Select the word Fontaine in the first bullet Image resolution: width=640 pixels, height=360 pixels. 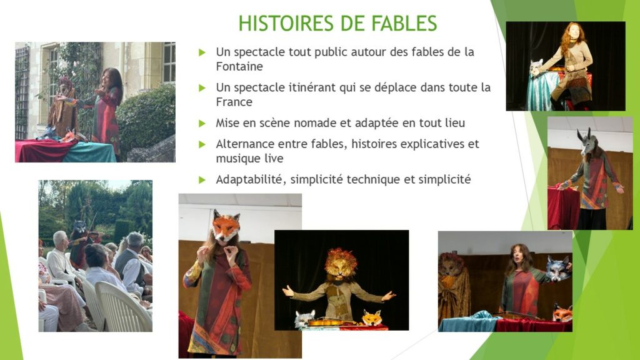pyautogui.click(x=239, y=66)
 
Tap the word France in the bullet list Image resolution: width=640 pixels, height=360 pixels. pyautogui.click(x=234, y=102)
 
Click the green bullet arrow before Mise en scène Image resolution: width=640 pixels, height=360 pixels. pyautogui.click(x=202, y=123)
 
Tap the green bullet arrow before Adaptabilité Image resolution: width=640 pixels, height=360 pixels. pyautogui.click(x=202, y=179)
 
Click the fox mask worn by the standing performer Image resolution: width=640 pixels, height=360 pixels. pyautogui.click(x=225, y=226)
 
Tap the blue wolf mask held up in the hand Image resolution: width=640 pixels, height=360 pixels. pyautogui.click(x=557, y=268)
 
